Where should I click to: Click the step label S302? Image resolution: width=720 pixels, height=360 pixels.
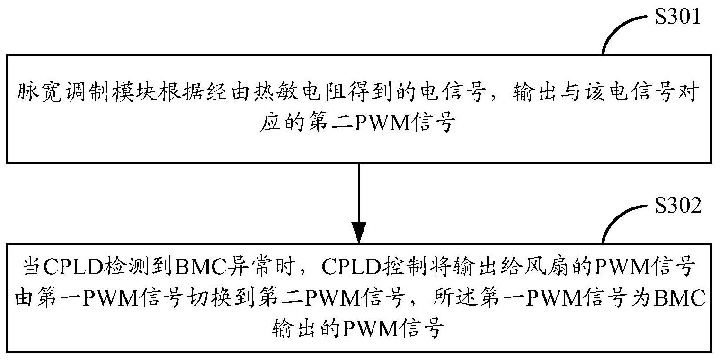click(677, 207)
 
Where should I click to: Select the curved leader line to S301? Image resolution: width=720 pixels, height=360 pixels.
click(620, 30)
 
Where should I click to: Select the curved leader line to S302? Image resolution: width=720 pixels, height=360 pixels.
click(620, 220)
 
